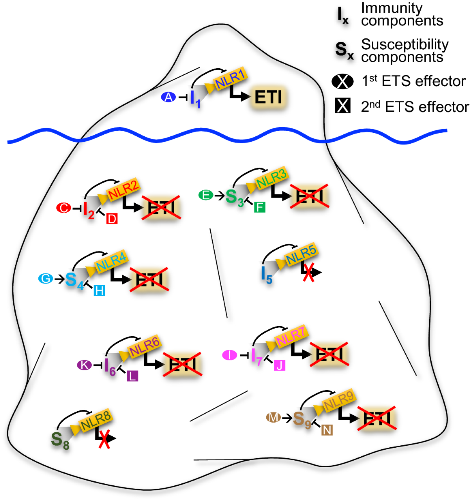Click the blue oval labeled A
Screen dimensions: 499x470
point(168,97)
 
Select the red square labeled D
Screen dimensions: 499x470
point(112,219)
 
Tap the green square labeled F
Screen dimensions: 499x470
point(259,207)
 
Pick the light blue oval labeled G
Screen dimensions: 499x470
point(45,279)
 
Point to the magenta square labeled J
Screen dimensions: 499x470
point(279,365)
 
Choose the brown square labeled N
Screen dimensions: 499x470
point(327,430)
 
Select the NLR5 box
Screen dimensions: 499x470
point(300,255)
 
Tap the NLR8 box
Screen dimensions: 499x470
point(96,421)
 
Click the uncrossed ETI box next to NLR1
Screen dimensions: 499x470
point(268,97)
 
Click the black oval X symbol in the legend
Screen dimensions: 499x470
point(343,81)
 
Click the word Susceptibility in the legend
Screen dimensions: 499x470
point(405,45)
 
